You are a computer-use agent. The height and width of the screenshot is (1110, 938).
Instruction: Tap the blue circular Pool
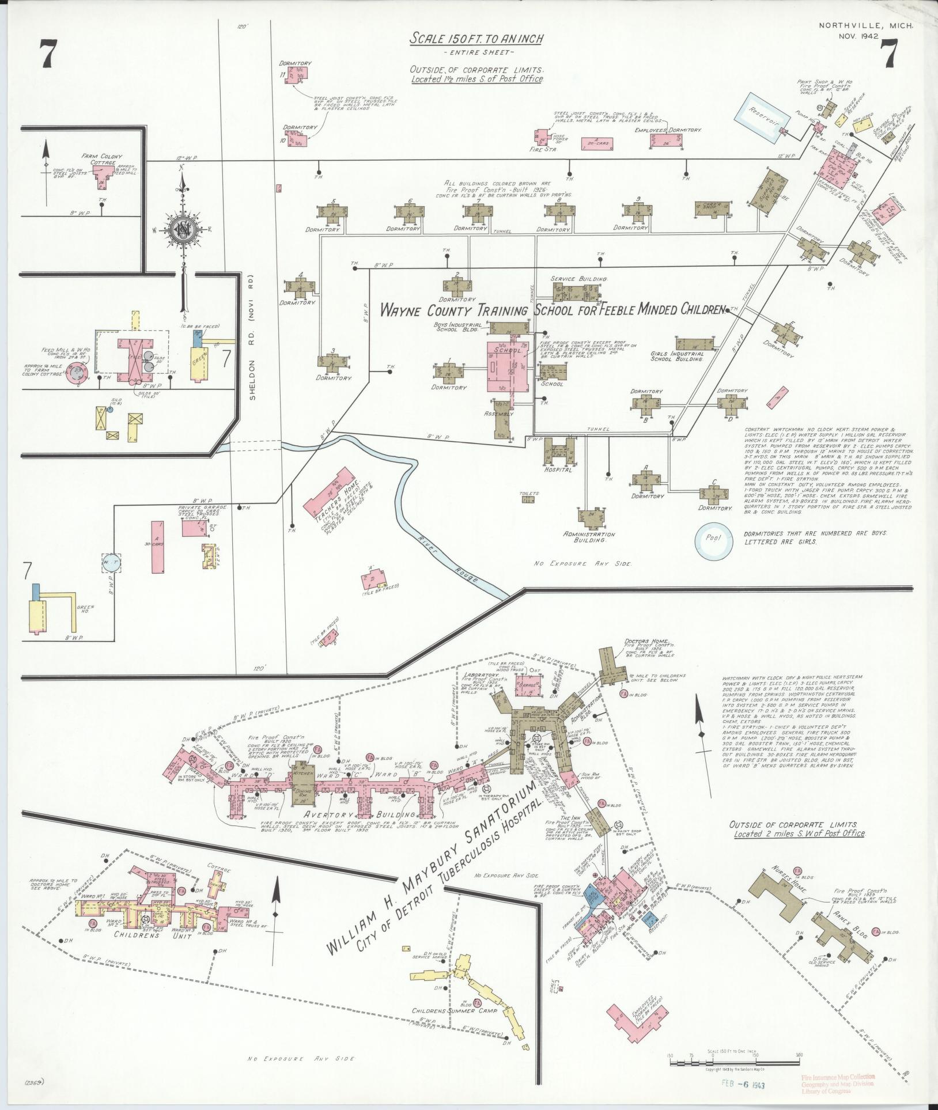[712, 540]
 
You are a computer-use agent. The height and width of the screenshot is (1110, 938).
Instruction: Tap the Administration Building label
[589, 537]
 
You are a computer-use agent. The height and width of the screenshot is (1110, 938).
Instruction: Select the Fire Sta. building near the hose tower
[542, 139]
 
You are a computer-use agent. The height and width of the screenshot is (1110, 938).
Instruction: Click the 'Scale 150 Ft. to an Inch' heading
[476, 39]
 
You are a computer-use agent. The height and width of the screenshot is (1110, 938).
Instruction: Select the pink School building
[507, 366]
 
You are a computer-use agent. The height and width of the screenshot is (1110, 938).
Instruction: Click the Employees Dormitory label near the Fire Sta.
[668, 130]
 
